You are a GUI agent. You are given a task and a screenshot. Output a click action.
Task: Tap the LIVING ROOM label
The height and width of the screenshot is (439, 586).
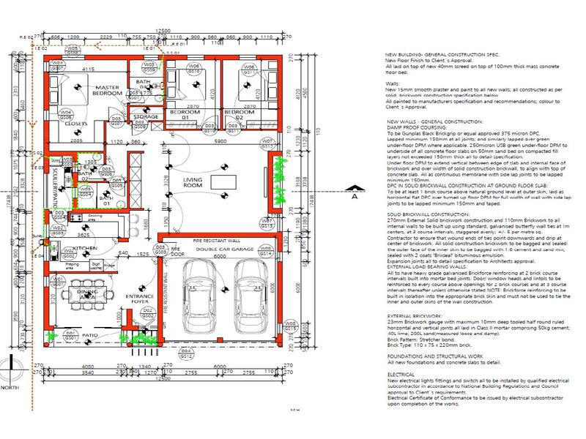coord(193,183)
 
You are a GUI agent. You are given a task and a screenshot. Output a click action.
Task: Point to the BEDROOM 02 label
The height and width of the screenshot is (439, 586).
coord(234,115)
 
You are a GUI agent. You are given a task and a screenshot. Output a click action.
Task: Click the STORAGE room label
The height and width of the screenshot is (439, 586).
coord(146,116)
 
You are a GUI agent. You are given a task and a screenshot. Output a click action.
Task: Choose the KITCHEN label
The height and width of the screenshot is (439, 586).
coord(85,249)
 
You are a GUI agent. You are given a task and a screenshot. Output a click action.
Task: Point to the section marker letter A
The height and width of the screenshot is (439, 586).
coord(353,196)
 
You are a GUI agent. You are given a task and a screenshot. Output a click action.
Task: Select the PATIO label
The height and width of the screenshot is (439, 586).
coord(89,335)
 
